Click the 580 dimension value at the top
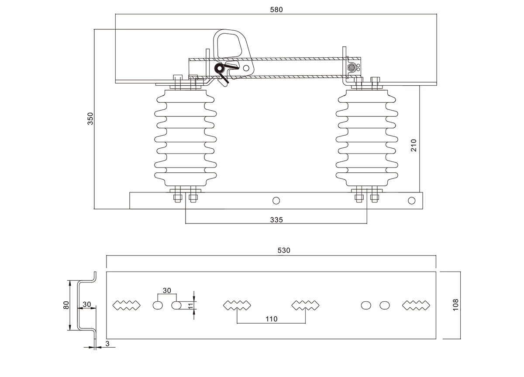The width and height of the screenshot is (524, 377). point(276,10)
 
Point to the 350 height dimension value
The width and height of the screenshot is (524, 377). point(90,119)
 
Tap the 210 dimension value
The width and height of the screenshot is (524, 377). point(414,145)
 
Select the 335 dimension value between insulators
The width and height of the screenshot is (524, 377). point(276,220)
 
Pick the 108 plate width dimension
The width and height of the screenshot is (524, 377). point(455,305)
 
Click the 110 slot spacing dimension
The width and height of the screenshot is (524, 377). point(271,319)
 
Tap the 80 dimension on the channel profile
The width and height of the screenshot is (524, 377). point(66,305)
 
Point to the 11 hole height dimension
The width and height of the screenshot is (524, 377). point(190,305)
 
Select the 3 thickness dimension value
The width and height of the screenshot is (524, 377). point(107,344)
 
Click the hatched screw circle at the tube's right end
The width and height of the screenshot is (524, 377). point(351,68)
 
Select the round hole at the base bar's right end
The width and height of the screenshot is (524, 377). point(411,200)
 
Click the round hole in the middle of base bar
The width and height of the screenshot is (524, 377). point(276,200)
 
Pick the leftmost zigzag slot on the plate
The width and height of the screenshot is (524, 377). point(127,305)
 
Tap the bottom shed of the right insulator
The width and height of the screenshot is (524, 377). point(367,176)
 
